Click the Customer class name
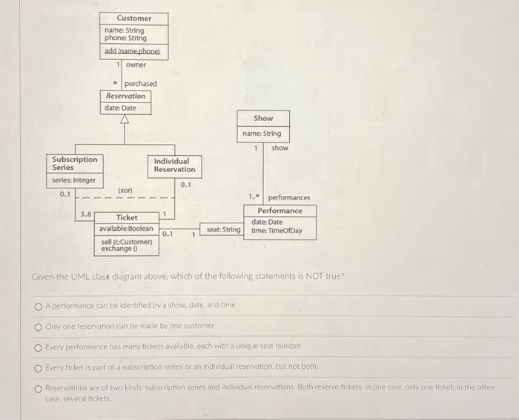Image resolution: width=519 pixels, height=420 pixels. point(133,18)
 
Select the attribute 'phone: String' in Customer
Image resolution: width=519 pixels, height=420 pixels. point(125,38)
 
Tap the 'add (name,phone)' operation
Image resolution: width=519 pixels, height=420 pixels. point(133,51)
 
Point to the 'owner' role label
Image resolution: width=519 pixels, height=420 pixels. point(136,65)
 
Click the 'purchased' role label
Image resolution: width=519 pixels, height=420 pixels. point(140,84)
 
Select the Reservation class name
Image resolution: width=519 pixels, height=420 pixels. point(126,96)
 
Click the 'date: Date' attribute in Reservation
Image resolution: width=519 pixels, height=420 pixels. point(120,108)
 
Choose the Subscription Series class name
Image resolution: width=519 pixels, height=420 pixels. point(74,163)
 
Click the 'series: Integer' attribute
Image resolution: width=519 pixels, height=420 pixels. point(73,181)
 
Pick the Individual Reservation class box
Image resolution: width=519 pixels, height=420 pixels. point(174,165)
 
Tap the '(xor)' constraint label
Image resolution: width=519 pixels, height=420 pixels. point(125,191)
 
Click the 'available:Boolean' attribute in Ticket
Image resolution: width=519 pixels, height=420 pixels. point(127,229)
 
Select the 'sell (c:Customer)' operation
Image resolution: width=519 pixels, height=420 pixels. point(127,242)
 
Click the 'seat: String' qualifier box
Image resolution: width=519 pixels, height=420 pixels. point(223,229)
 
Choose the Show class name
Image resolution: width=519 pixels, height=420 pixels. point(263,118)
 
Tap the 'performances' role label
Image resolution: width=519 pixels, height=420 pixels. point(289,197)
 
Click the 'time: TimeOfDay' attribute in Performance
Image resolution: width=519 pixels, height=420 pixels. point(277,231)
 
